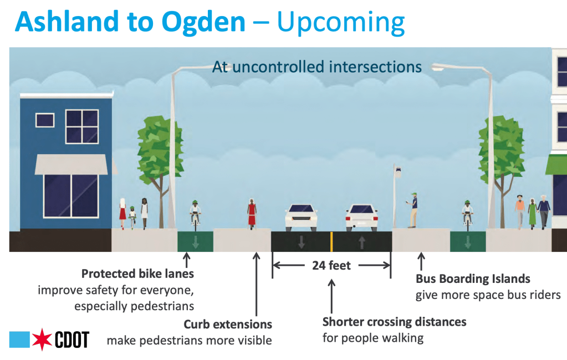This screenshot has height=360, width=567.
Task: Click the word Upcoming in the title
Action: (x=340, y=22)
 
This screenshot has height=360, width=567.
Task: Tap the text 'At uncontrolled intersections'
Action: (x=317, y=67)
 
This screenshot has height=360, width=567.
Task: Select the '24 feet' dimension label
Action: (x=331, y=265)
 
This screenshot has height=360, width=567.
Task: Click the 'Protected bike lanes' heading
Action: (x=137, y=273)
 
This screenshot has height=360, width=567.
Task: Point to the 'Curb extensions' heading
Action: (x=228, y=324)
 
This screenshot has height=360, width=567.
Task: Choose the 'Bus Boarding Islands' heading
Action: (x=473, y=278)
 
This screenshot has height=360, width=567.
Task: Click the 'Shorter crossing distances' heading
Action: (x=394, y=322)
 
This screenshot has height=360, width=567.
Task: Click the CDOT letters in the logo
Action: (x=72, y=339)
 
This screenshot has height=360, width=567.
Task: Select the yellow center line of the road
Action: (x=331, y=241)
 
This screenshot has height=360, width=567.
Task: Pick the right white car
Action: (x=361, y=217)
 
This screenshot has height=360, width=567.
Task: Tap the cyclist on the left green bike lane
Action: (x=195, y=214)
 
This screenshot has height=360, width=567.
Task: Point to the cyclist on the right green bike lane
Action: (x=468, y=214)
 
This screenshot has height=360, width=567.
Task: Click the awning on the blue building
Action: (x=71, y=164)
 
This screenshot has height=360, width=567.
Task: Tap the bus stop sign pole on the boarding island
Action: (x=396, y=194)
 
